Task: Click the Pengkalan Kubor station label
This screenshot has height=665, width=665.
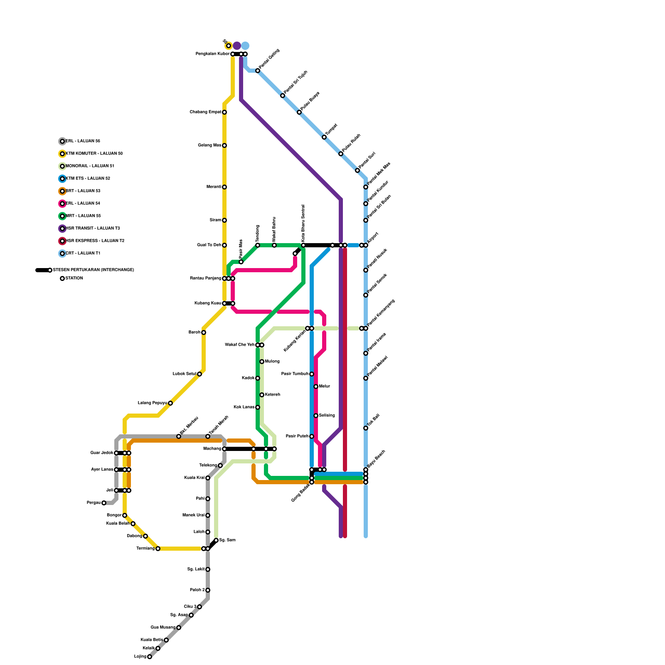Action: click(x=212, y=54)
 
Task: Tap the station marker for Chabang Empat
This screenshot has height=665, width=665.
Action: click(x=224, y=112)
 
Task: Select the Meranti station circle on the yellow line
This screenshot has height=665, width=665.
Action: click(x=224, y=187)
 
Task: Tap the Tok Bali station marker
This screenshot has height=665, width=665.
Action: click(x=366, y=428)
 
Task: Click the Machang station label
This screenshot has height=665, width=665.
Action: click(x=212, y=449)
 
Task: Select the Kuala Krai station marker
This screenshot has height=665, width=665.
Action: click(x=208, y=478)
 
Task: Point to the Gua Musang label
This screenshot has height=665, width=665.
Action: click(x=163, y=628)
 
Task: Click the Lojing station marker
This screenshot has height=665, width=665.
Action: click(x=150, y=657)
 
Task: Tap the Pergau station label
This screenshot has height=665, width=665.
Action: click(x=94, y=503)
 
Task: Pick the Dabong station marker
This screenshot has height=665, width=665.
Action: click(x=145, y=536)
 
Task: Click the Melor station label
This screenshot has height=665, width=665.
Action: click(x=325, y=387)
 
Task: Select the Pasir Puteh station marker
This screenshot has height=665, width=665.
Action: click(x=312, y=436)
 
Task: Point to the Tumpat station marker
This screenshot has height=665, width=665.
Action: click(x=324, y=137)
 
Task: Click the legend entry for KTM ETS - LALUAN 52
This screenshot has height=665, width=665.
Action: click(x=88, y=179)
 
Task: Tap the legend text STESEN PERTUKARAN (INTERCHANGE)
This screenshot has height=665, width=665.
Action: click(x=94, y=270)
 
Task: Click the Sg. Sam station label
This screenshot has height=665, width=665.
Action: click(x=227, y=540)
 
